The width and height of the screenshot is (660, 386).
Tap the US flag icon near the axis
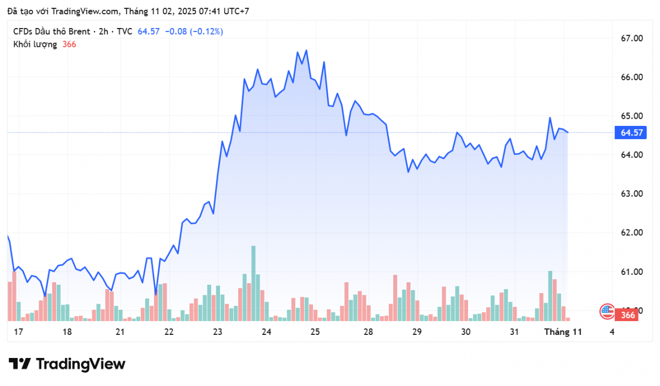607,311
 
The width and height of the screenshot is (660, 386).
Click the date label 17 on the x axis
19,332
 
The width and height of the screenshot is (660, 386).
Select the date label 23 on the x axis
217,332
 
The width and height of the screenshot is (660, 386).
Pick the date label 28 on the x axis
368,332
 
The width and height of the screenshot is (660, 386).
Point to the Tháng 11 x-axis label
563,332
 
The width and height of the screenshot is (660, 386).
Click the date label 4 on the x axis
612,332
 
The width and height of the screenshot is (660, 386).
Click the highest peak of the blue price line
306,51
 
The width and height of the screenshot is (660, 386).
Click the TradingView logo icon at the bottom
20,364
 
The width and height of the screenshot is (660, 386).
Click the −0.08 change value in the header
175,31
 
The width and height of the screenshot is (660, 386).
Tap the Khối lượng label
35,45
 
